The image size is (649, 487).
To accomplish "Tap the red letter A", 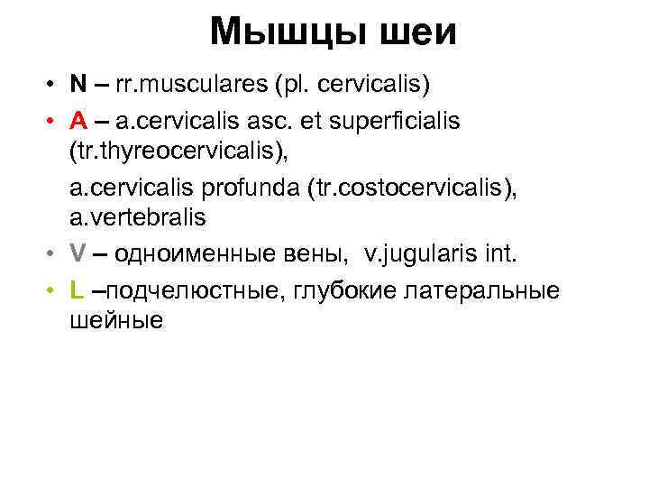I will pos(78,120).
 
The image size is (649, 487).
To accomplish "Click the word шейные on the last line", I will pos(115,320).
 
